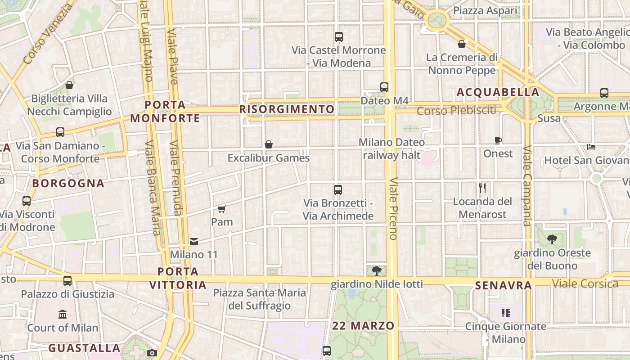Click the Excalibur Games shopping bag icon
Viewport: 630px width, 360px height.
[269, 144]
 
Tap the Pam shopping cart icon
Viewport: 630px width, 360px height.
[221, 209]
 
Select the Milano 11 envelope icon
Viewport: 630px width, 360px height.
[194, 242]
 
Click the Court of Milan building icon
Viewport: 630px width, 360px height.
[63, 314]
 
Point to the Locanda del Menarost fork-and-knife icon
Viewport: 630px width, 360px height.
[482, 188]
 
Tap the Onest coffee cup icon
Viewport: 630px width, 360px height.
[498, 140]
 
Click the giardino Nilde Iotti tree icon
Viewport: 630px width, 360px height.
[377, 270]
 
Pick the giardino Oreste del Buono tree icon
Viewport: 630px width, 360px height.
[552, 239]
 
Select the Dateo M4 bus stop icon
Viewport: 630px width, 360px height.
[384, 87]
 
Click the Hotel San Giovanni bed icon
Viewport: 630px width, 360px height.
[591, 147]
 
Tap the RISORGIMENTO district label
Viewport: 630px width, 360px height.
[287, 109]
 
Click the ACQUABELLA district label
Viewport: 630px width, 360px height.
[498, 93]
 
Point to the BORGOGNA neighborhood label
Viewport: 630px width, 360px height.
[68, 183]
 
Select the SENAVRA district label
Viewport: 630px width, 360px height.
[504, 285]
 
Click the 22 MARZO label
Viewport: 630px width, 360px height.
[363, 326]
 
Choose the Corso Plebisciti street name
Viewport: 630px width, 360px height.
[456, 110]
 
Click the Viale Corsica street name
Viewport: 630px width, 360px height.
[585, 283]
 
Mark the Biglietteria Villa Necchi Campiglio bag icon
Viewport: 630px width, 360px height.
[69, 85]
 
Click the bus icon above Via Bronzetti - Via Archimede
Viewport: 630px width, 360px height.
[338, 190]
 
